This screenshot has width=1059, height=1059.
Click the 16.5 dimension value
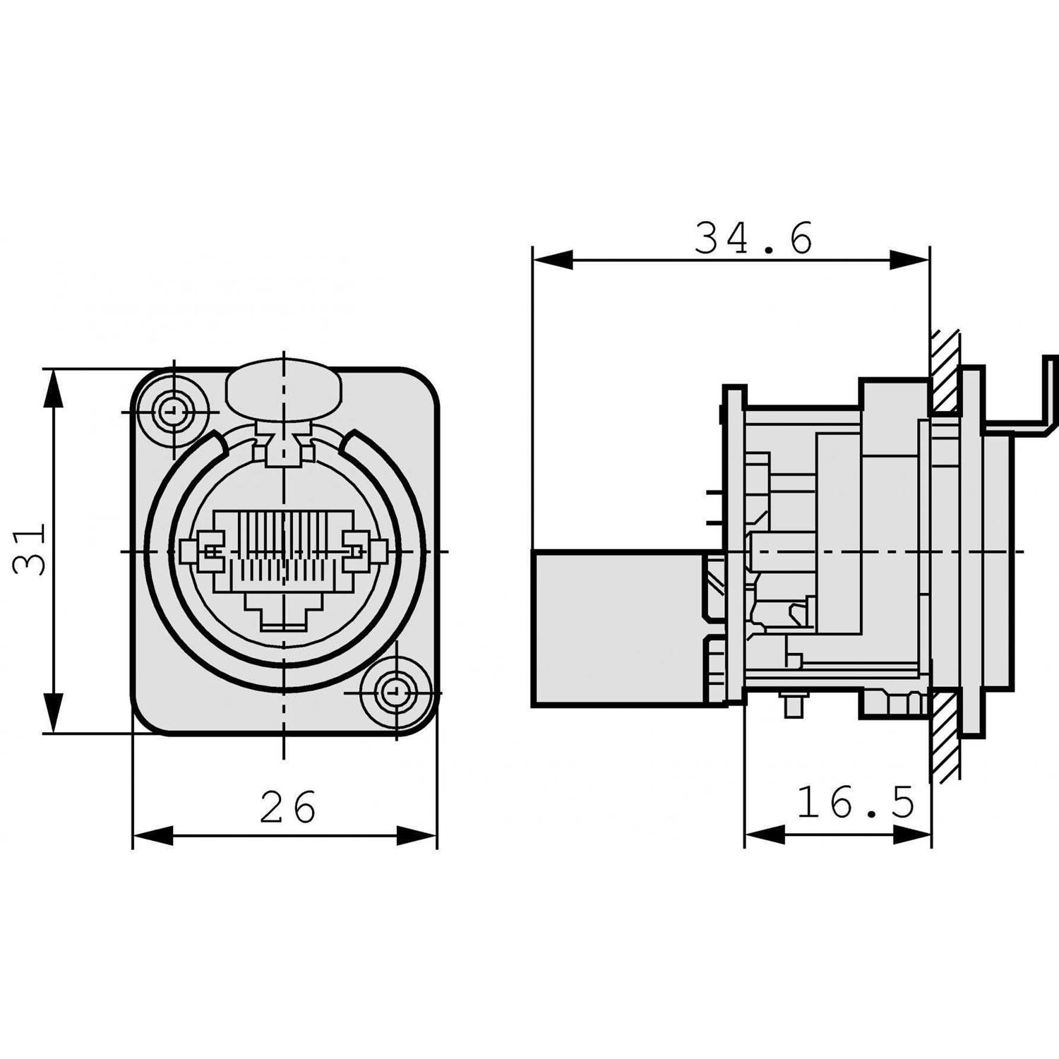point(855,803)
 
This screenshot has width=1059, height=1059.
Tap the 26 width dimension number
point(288,807)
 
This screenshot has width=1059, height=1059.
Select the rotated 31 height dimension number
point(30,549)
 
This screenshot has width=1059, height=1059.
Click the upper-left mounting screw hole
point(171,411)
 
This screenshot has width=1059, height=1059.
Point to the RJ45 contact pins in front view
point(283,537)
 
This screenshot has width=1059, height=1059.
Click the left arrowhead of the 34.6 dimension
point(551,260)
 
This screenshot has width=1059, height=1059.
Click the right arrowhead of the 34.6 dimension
point(911,260)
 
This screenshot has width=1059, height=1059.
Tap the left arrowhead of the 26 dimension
point(152,835)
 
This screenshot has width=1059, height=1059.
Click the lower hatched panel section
point(945,734)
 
